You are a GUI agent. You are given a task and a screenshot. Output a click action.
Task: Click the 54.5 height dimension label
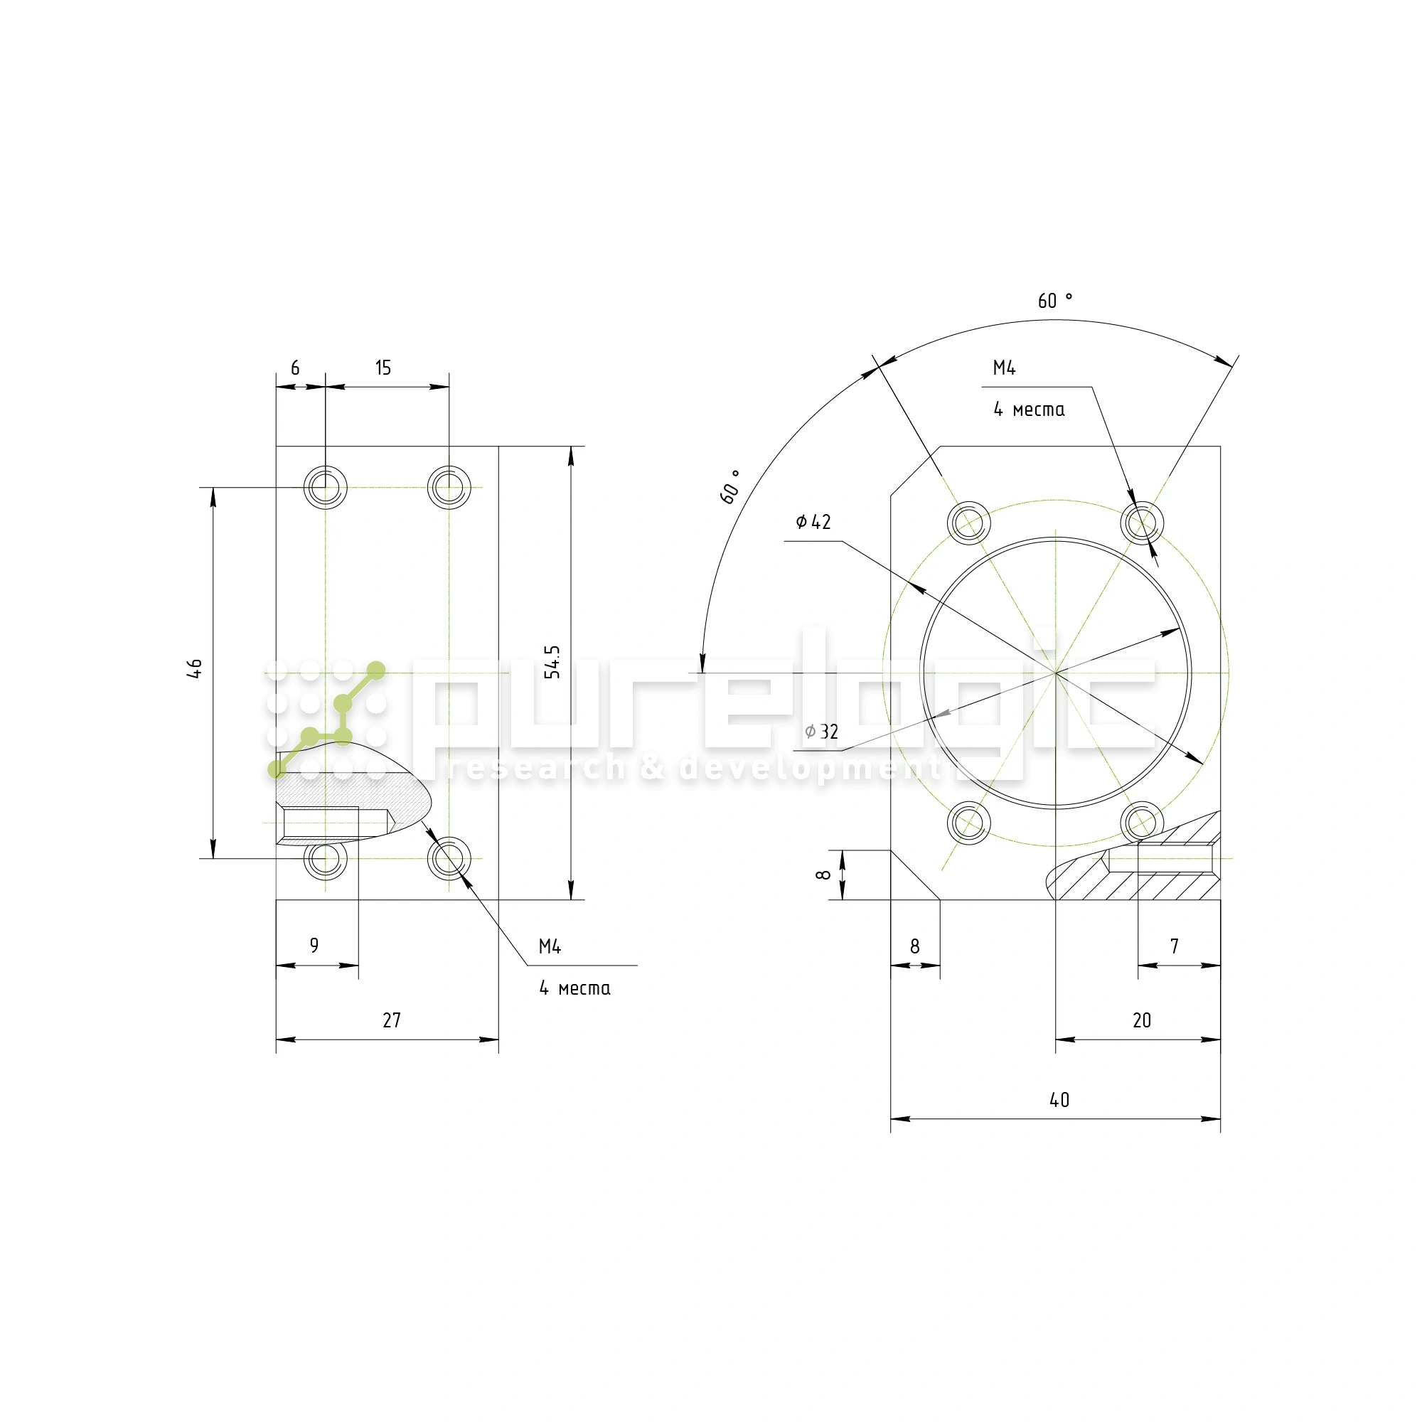coord(552,662)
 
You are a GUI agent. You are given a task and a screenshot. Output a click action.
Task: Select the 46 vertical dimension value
coord(194,668)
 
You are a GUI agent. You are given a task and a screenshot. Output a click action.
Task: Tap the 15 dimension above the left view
coord(383,368)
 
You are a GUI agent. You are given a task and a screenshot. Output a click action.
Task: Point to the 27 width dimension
coord(392,1020)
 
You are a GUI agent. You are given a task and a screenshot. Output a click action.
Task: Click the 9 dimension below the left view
coord(314,945)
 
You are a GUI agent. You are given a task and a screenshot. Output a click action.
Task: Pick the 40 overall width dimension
coord(1059,1100)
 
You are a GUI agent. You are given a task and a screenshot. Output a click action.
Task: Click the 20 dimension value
coord(1142,1020)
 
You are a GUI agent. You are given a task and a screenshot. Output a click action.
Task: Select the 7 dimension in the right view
coord(1175,946)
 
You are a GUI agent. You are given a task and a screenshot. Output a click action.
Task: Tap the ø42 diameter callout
coord(813,522)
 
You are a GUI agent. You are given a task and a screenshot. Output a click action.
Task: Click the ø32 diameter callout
coord(821,732)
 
